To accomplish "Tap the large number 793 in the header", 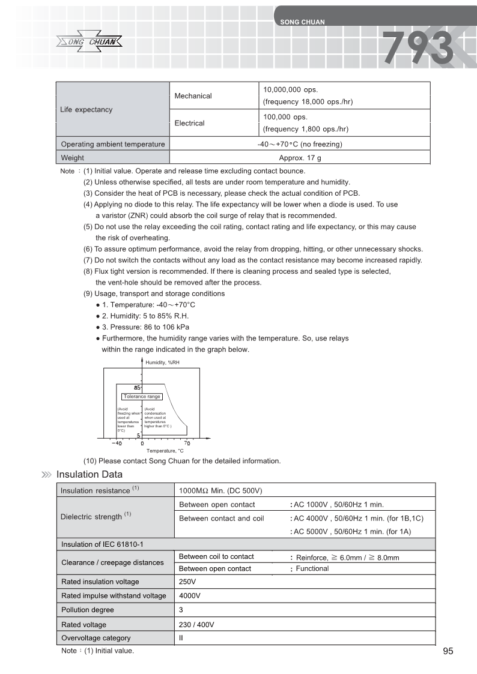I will (418, 48).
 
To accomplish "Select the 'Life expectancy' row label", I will (86, 110).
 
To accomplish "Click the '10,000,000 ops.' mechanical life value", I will (291, 89).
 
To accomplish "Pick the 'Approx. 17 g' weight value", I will (300, 158).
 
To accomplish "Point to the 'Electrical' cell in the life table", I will (189, 123).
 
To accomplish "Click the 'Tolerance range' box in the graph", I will (142, 397).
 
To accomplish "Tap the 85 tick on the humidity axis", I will (137, 387).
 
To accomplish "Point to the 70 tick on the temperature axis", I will (187, 444).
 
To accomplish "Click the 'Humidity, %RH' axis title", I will (162, 363).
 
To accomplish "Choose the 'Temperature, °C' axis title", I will (165, 451).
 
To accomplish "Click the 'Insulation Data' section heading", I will (90, 475).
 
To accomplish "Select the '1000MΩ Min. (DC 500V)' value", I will (221, 490).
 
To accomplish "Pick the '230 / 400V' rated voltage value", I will (196, 625).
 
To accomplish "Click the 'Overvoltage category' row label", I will (96, 638).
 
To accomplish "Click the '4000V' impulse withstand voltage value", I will (190, 596).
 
